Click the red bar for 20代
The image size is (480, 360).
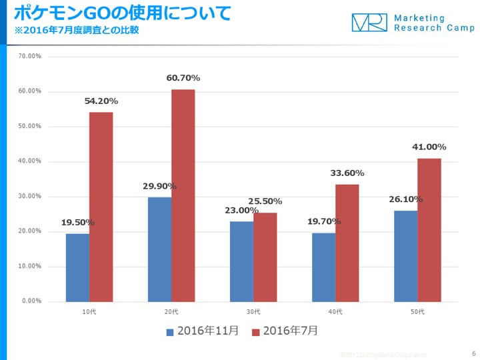point(183,195)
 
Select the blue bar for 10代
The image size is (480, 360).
point(77,267)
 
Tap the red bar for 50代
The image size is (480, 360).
point(429,230)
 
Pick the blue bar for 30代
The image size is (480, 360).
point(241,261)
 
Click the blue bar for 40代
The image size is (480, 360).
point(323,267)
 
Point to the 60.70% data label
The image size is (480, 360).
point(183,78)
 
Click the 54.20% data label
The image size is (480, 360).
point(101,101)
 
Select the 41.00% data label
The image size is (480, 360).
point(429,147)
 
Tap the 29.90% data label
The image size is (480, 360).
point(159,186)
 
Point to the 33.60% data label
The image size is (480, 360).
point(347,173)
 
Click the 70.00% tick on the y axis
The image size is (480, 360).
point(30,56)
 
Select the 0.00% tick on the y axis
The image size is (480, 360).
point(31,301)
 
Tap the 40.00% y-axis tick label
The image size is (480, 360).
point(30,161)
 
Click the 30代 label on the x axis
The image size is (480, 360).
point(253,312)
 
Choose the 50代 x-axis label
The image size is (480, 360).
point(417,312)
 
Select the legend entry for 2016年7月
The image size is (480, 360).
point(285,331)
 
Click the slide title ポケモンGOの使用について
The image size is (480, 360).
point(123,13)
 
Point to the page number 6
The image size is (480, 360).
point(473,353)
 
